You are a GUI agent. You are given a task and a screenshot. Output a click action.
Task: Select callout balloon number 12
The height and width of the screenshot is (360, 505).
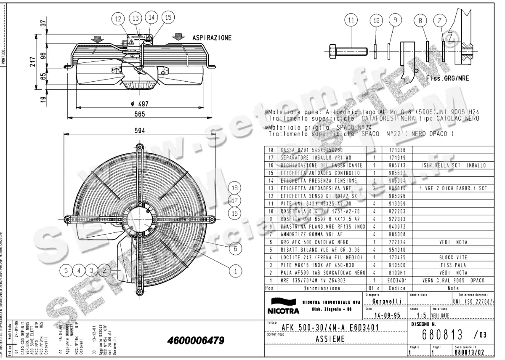point(119,19)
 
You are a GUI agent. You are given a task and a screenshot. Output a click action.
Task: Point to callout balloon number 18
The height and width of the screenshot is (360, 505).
point(235,188)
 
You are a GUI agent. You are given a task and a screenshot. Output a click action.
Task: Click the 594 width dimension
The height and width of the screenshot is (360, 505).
point(140,131)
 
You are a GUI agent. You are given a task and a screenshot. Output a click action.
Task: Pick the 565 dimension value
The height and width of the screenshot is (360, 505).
point(139,114)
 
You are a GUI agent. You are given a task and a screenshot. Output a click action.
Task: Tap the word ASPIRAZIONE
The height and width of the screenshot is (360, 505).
point(212,38)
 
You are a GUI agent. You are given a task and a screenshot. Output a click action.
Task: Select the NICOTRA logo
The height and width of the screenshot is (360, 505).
point(282,307)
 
